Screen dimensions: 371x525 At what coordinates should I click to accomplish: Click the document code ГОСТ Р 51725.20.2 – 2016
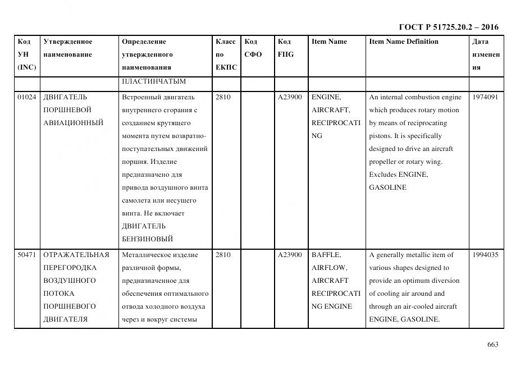click(448, 27)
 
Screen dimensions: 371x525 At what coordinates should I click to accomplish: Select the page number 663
click(492, 345)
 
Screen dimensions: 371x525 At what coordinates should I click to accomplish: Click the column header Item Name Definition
click(403, 42)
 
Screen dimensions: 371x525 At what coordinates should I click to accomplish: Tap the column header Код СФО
click(253, 48)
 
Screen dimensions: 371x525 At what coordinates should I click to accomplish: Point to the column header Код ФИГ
click(285, 48)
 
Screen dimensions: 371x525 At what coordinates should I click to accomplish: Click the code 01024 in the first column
click(26, 97)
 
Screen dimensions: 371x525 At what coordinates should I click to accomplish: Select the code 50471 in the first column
click(26, 255)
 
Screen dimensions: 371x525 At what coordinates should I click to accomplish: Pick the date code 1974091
click(485, 97)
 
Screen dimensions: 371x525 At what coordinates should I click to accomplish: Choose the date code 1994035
click(485, 255)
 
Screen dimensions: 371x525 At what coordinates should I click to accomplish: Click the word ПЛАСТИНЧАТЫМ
click(153, 81)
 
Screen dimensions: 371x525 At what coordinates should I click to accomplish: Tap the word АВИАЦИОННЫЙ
click(73, 123)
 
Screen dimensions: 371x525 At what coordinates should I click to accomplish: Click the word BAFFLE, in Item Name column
click(326, 255)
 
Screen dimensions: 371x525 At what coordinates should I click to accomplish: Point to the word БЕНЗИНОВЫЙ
click(147, 239)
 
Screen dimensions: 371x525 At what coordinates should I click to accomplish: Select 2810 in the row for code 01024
click(223, 97)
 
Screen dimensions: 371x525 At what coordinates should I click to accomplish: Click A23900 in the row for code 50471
click(290, 255)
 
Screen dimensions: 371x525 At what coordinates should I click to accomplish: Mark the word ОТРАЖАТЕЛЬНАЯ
click(75, 255)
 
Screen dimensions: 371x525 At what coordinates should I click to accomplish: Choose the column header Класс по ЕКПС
click(226, 54)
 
